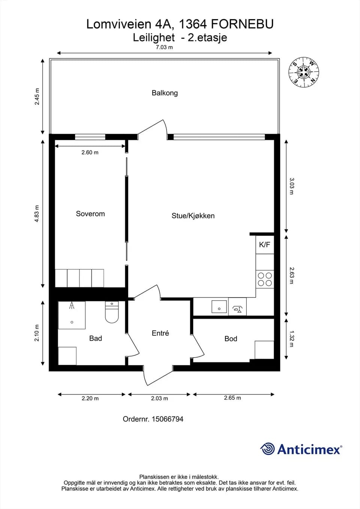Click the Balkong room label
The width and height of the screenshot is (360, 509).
pyautogui.click(x=165, y=93)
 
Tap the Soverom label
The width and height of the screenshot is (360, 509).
pyautogui.click(x=90, y=214)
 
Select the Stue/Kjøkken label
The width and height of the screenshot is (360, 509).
pyautogui.click(x=193, y=216)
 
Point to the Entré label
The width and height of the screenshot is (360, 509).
pyautogui.click(x=160, y=333)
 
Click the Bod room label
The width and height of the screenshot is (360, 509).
pyautogui.click(x=231, y=339)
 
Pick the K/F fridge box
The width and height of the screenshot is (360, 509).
pyautogui.click(x=265, y=245)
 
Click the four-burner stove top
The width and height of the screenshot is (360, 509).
pyautogui.click(x=265, y=279)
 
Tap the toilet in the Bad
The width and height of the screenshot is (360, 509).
pyautogui.click(x=112, y=312)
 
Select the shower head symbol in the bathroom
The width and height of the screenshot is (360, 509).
pyautogui.click(x=72, y=305)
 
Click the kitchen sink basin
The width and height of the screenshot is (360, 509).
pyautogui.click(x=219, y=307)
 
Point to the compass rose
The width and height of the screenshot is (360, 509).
pyautogui.click(x=304, y=72)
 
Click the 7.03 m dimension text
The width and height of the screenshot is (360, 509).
pyautogui.click(x=164, y=47)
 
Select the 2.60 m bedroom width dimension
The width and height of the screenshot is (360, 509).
pyautogui.click(x=90, y=152)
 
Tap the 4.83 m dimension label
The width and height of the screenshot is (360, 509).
pyautogui.click(x=37, y=213)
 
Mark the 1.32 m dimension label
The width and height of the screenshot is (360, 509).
pyautogui.click(x=292, y=339)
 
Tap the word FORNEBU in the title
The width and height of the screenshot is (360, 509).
pyautogui.click(x=242, y=24)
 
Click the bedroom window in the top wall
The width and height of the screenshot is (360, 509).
pyautogui.click(x=90, y=137)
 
